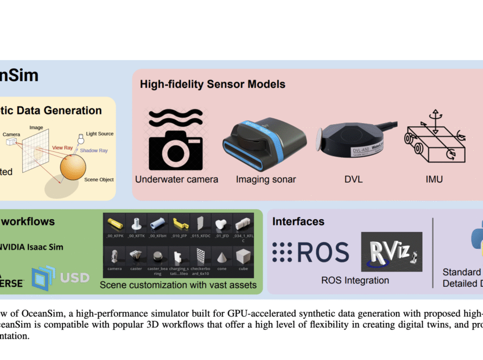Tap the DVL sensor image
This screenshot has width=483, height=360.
(350, 142)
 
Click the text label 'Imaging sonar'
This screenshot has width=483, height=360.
(266, 179)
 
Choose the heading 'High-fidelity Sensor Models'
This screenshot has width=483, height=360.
(213, 84)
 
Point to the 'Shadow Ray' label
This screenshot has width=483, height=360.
(94, 151)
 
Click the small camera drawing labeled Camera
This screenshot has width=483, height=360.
(11, 142)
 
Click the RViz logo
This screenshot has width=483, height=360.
(391, 252)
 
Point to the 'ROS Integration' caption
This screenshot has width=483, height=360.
(355, 280)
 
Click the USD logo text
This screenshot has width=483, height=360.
(74, 277)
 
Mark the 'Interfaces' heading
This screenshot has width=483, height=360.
(298, 221)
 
